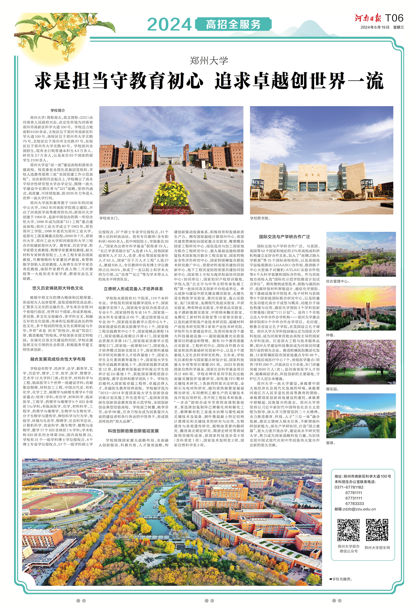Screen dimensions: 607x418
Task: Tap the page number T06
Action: point(394,18)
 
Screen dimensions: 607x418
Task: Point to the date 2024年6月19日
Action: point(375,27)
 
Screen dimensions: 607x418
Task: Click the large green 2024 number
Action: point(169,25)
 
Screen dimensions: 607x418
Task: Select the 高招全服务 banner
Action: point(233,25)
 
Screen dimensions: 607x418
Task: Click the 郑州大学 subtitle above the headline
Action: point(209,61)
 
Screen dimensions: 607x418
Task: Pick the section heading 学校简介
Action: point(58,111)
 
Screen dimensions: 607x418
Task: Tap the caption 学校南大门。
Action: point(110,218)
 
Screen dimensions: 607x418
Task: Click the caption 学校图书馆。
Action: point(260,218)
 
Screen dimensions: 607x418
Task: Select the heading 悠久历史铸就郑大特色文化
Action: point(58,288)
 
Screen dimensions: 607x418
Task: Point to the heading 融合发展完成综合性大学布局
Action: point(58,359)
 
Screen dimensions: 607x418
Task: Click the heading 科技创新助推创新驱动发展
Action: point(133,431)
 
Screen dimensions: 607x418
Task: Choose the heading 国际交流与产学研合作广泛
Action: point(284,237)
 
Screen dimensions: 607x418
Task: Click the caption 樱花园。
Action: point(332,389)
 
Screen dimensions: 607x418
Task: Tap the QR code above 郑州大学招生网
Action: point(377,530)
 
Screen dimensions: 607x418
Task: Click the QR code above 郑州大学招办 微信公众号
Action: point(348,530)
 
